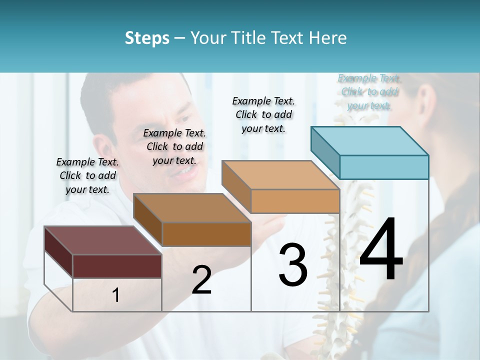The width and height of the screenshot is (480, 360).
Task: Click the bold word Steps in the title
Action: coord(147,38)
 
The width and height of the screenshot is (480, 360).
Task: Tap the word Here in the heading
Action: coord(327,38)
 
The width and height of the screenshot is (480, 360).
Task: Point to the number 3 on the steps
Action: coord(293,265)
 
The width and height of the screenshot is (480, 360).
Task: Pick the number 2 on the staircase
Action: coord(201,280)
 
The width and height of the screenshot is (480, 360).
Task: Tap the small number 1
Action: coord(116,295)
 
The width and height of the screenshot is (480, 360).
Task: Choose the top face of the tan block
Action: coord(280,175)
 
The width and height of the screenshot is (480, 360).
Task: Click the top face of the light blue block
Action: coord(369,141)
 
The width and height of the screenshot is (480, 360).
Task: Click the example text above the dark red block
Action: coord(87,175)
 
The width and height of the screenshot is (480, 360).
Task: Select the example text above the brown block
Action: coord(174,146)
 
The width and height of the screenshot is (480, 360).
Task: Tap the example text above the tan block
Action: coord(263,114)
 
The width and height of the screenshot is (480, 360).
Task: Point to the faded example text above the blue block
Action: coord(369,91)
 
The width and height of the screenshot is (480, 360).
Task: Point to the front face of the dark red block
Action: coord(117,266)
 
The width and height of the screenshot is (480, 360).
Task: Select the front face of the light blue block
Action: coord(384,167)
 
